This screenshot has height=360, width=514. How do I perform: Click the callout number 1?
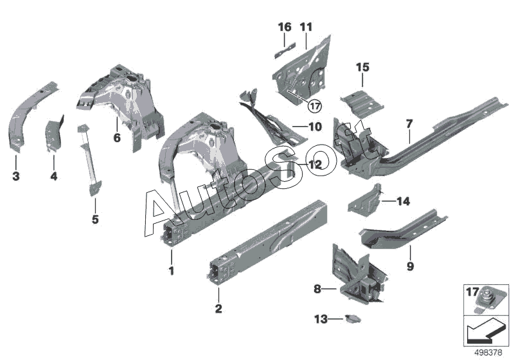172,271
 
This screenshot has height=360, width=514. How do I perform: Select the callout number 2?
218,309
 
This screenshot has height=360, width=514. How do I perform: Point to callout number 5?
95,220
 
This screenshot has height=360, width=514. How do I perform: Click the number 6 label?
117,137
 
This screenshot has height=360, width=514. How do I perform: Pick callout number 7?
409,123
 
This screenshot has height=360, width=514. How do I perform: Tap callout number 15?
363,67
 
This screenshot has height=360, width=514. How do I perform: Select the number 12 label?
314,165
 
